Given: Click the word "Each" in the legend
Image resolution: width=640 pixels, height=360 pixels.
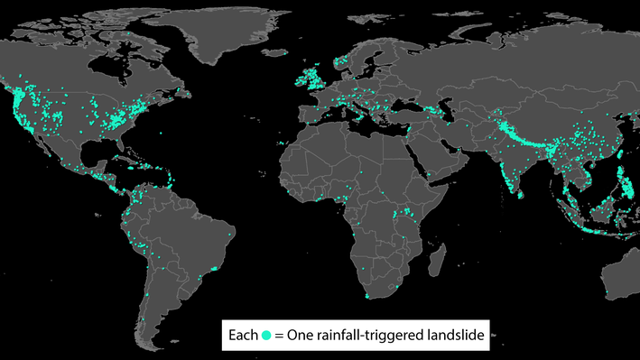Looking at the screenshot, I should [x=243, y=336].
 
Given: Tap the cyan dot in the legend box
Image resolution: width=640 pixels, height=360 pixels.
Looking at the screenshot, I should [x=266, y=337].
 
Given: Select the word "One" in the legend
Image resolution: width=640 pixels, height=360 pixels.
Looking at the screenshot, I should [x=301, y=336].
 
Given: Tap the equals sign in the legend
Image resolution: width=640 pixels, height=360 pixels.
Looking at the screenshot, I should [x=280, y=337].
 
